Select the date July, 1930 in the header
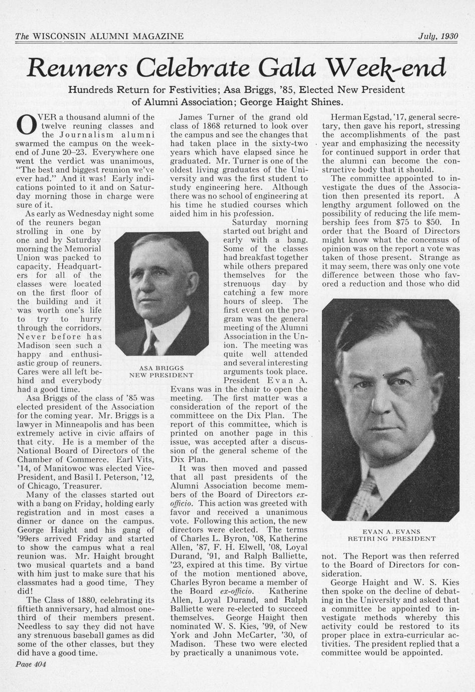tap(438, 36)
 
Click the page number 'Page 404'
tap(31, 664)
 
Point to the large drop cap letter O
tap(26, 125)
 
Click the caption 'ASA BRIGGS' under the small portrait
tap(161, 368)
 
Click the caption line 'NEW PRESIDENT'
tap(161, 375)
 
